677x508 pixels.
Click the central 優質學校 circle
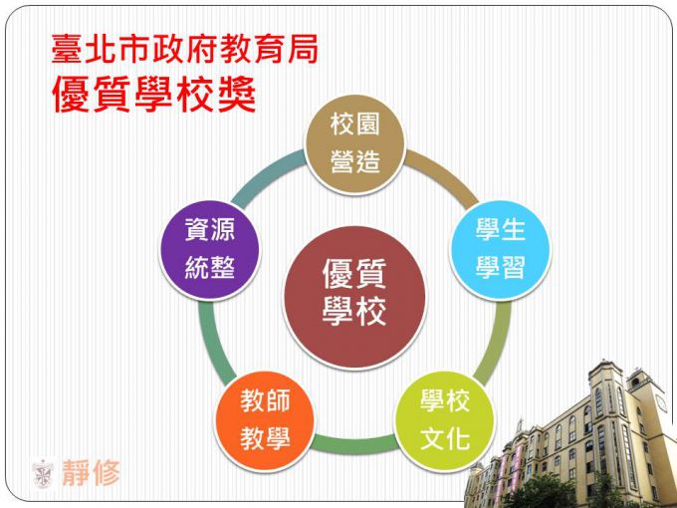[x=354, y=298]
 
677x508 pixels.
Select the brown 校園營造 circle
[x=354, y=144]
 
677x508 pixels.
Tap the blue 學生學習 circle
[x=501, y=250]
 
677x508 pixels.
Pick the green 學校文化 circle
[x=445, y=421]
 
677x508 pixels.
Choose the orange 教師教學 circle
[x=265, y=421]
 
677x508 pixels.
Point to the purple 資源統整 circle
[x=210, y=250]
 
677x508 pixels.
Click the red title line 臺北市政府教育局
[x=185, y=49]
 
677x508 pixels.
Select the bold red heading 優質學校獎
[x=153, y=95]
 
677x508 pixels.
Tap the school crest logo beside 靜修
[x=43, y=474]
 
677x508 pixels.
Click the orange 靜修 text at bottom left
[x=92, y=473]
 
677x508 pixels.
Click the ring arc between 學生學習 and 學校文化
[x=496, y=342]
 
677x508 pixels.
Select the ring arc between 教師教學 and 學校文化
[x=354, y=445]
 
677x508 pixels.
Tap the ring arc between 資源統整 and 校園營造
[x=267, y=175]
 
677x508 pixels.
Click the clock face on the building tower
[x=661, y=403]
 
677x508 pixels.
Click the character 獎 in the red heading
[x=238, y=95]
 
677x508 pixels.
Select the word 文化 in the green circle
[x=445, y=439]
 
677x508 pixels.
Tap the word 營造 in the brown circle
[x=354, y=162]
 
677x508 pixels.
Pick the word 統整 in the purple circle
[x=210, y=267]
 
